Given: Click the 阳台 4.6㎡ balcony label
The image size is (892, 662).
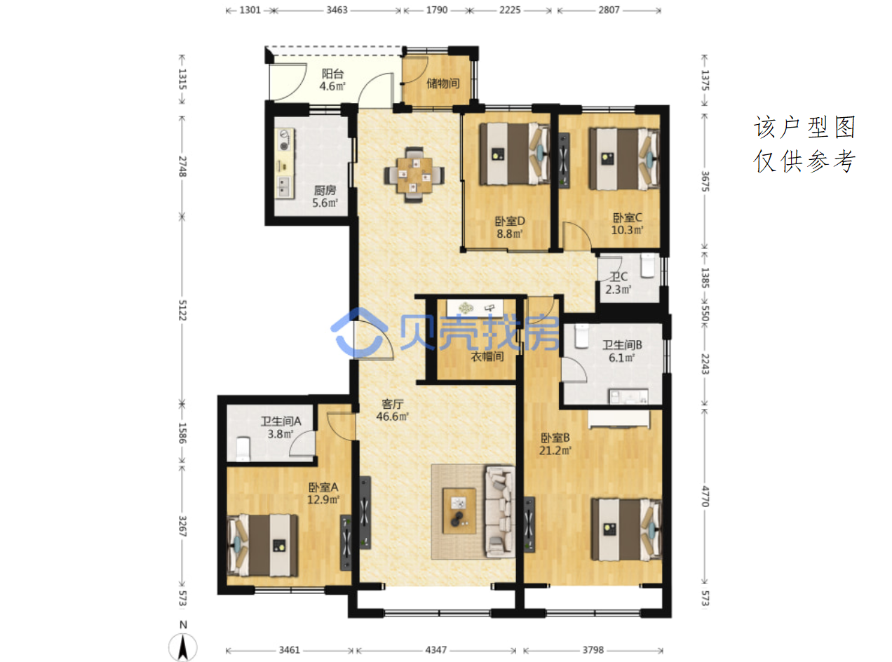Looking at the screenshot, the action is (x=332, y=80).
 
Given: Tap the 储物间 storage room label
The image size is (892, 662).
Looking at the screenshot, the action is (x=442, y=83).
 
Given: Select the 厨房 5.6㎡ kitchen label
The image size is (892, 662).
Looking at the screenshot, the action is (x=325, y=196).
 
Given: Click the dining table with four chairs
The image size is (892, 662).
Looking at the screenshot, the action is (x=414, y=175).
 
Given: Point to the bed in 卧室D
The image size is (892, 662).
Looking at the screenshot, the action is (x=514, y=154).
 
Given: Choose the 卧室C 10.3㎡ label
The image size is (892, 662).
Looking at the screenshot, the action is (x=627, y=224).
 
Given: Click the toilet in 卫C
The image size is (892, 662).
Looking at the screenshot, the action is (x=647, y=265).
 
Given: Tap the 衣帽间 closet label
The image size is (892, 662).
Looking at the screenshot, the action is (x=487, y=356).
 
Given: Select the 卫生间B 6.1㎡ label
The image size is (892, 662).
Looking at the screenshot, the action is (x=622, y=351).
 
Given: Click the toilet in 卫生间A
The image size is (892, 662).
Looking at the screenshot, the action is (x=243, y=449).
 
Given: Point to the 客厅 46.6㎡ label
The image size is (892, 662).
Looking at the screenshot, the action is (x=392, y=410).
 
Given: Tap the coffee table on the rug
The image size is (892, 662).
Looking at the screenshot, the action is (x=459, y=511).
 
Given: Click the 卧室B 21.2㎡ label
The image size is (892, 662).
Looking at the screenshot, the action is (x=555, y=444).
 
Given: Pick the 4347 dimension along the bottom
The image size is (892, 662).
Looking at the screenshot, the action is (x=436, y=649).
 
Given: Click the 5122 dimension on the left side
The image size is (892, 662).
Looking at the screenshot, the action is (x=182, y=310).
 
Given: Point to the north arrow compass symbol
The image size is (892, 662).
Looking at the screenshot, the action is (x=183, y=647).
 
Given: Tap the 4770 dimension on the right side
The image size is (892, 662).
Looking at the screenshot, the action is (x=705, y=496).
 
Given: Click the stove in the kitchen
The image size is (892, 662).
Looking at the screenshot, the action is (x=285, y=140).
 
